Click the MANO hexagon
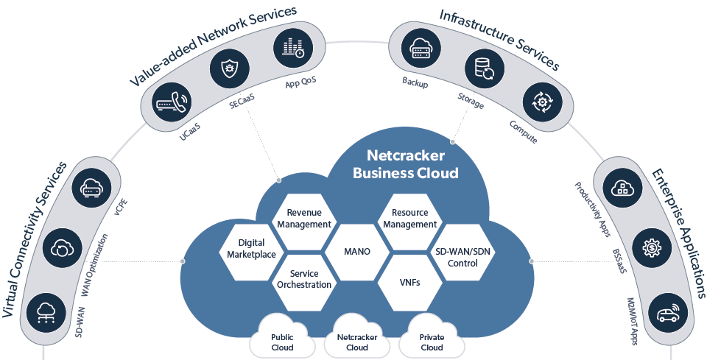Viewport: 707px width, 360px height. (356, 252)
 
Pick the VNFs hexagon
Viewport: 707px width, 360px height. (409, 282)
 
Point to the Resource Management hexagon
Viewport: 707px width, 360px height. (410, 218)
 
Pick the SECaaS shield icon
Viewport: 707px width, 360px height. (227, 71)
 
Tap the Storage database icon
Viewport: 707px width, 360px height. (483, 70)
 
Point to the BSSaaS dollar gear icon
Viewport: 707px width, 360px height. (650, 249)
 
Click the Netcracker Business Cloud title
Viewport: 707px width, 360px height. (405, 164)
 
